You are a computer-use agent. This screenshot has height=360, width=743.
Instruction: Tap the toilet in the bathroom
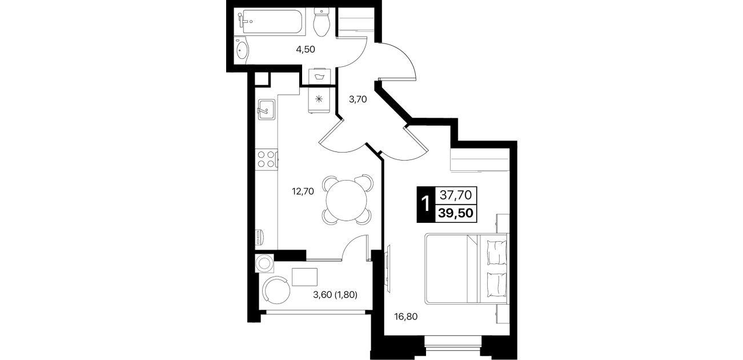click(322, 22)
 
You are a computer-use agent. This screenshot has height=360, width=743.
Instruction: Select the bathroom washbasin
click(241, 51)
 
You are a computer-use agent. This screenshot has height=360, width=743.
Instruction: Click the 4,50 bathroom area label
click(306, 50)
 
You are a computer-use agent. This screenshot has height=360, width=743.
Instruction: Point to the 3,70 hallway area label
click(358, 99)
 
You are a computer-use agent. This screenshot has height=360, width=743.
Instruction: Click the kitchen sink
click(266, 110)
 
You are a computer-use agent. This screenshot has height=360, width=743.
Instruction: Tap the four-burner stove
click(266, 159)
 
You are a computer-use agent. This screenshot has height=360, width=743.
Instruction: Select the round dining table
click(347, 201)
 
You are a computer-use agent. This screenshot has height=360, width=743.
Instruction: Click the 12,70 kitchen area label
click(303, 191)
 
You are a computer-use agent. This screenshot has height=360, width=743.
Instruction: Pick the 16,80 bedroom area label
click(405, 317)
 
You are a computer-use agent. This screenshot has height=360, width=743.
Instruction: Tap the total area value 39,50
click(455, 213)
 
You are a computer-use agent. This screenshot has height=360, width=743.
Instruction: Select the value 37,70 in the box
click(456, 195)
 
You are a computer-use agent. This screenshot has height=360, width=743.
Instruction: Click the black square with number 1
click(425, 205)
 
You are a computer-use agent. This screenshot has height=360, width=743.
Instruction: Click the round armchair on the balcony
click(276, 290)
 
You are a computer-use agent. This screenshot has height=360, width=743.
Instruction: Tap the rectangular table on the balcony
click(304, 277)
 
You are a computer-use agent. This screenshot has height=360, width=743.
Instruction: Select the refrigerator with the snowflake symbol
click(319, 99)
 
